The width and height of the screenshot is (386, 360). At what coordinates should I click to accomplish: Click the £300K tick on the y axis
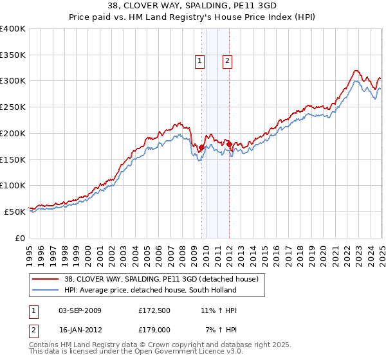click(13, 81)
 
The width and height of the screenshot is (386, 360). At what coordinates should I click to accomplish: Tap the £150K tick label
click(13, 159)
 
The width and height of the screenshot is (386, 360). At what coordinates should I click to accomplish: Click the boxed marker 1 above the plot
click(200, 62)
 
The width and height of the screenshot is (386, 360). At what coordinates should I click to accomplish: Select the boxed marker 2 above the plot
click(228, 62)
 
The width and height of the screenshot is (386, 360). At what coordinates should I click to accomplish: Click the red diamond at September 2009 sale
click(201, 148)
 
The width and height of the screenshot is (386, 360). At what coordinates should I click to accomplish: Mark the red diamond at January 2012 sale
click(230, 145)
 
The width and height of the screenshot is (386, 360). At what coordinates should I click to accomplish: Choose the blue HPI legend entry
click(145, 290)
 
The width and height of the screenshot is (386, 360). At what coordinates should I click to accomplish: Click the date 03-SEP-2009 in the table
click(80, 310)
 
